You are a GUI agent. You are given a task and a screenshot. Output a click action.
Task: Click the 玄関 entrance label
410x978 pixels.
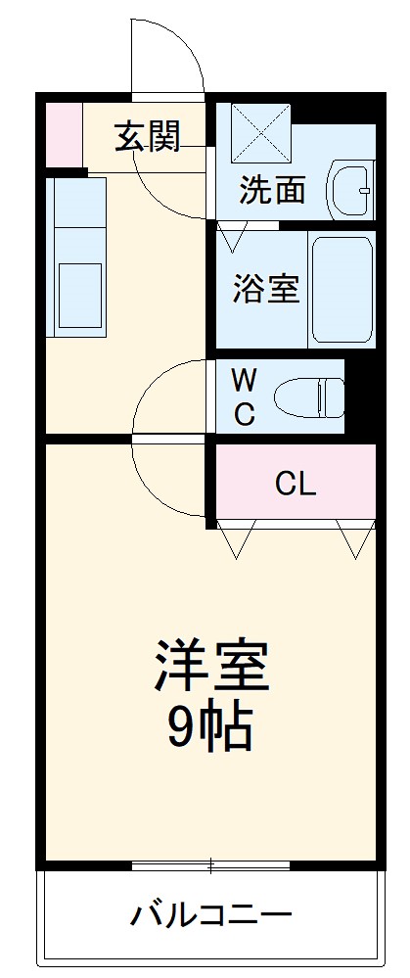(x=148, y=138)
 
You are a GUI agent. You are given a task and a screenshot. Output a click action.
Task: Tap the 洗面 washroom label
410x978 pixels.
(x=273, y=189)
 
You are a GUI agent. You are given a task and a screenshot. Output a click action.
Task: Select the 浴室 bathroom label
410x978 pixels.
(x=265, y=289)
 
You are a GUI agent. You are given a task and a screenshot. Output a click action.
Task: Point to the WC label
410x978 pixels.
(x=244, y=396)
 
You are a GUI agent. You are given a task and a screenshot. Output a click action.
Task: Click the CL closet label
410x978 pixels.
(x=295, y=483)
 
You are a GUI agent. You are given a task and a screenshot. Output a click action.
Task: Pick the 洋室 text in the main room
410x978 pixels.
(x=210, y=667)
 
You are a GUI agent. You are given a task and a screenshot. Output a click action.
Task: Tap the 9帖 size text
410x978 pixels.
(x=210, y=726)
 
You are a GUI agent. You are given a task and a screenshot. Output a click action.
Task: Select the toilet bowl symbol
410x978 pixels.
(x=309, y=398)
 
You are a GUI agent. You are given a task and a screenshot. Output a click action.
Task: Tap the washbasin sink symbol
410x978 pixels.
(x=351, y=188)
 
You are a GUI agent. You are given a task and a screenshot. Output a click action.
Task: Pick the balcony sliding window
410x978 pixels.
(x=210, y=865)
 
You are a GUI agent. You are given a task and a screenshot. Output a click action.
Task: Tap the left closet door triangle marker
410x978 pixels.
(x=236, y=538)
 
